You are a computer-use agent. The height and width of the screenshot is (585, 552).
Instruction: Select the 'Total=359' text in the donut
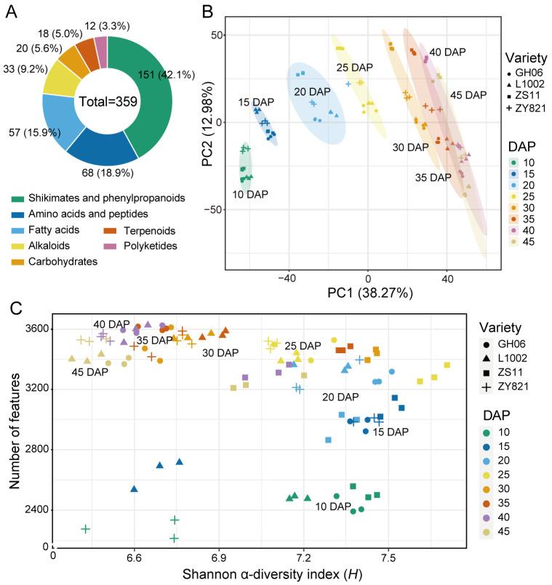click(x=108, y=102)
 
